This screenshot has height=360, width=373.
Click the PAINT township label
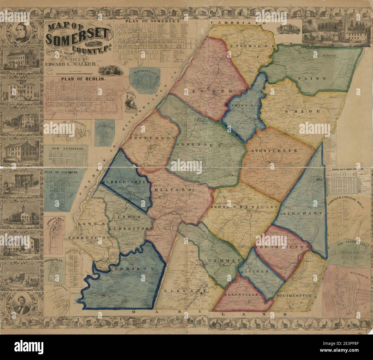pyautogui.click(x=312, y=79)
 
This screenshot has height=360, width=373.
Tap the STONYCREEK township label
pyautogui.click(x=273, y=151)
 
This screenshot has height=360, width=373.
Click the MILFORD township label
pyautogui.click(x=169, y=190)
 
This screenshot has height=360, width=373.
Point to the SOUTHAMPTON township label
pyautogui.click(x=294, y=295)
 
